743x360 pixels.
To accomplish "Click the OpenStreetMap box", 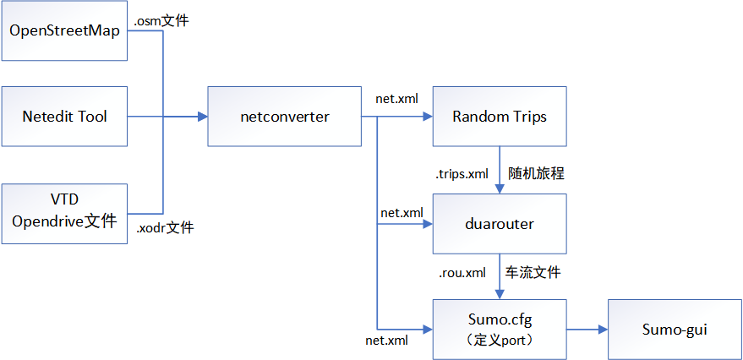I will click(64, 31).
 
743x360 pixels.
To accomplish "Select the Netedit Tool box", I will click(64, 117).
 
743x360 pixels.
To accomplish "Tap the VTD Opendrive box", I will click(64, 213).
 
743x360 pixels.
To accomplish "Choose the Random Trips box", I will click(499, 117).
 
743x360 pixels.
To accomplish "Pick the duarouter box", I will click(499, 224).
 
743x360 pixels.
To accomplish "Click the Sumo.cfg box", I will click(499, 330).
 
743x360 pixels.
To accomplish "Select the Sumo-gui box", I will click(674, 330).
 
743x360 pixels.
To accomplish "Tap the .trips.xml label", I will click(462, 174).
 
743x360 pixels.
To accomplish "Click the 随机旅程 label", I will click(536, 173).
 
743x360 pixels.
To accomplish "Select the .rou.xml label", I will click(462, 273).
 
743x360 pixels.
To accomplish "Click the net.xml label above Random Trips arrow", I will click(396, 98).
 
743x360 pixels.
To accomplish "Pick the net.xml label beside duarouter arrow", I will click(402, 213).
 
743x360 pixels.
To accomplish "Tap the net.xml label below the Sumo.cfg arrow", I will click(386, 341).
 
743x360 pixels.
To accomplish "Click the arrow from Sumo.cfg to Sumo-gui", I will click(587, 330).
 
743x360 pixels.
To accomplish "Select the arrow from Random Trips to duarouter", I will click(500, 169).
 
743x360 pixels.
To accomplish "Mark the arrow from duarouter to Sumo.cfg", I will click(500, 275).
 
